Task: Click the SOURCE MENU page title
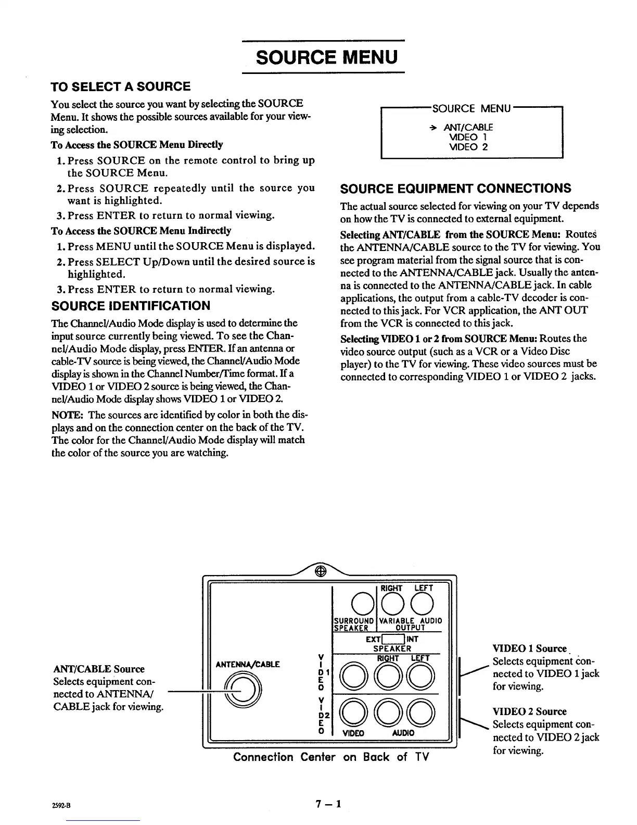coord(327,56)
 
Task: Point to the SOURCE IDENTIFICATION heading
coord(131,306)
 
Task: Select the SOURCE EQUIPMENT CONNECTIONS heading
coord(455,189)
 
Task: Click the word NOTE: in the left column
coord(65,415)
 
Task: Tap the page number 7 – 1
coord(327,804)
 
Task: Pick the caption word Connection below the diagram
coord(263,757)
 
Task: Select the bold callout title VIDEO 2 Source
coord(529,711)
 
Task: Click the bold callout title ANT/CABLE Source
coord(99,669)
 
